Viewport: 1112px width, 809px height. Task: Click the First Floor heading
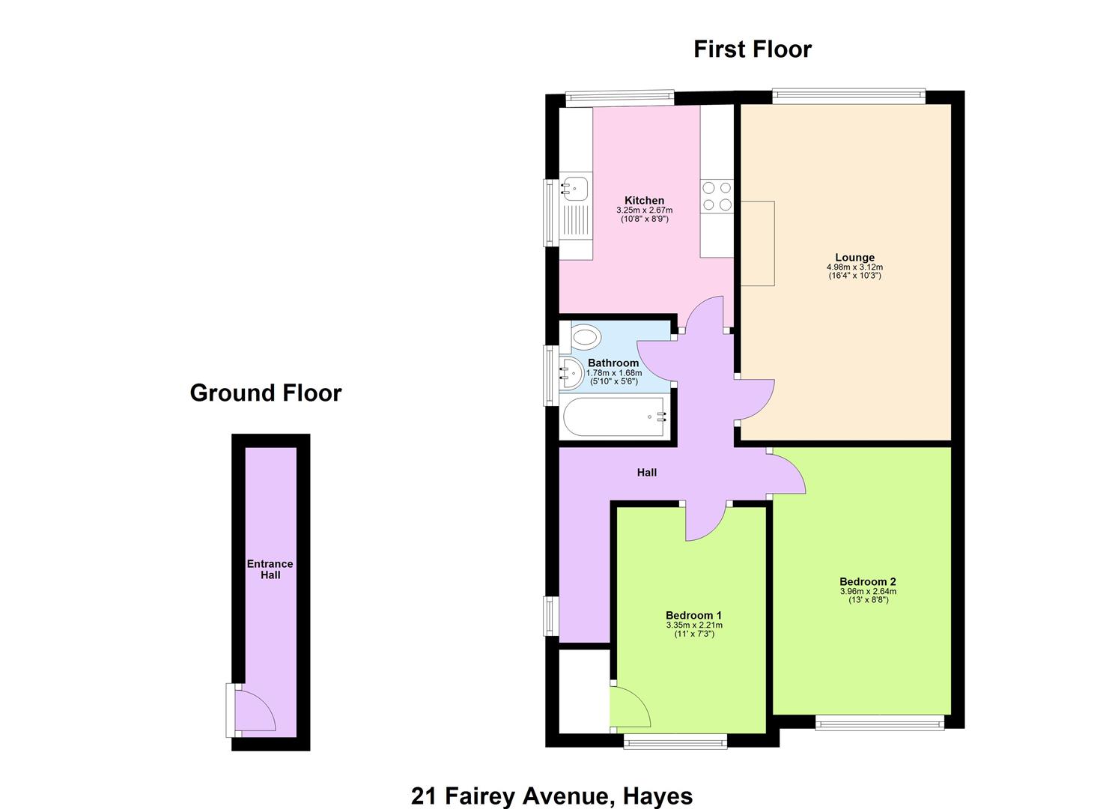(752, 49)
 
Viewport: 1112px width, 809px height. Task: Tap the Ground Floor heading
(266, 393)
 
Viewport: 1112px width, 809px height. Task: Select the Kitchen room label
(645, 200)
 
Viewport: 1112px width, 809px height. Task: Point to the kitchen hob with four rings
(717, 196)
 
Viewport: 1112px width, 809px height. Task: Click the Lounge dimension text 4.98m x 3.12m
(855, 267)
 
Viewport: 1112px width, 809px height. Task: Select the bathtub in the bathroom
(616, 417)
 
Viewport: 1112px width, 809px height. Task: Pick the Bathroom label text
(613, 363)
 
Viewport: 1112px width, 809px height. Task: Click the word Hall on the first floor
(647, 473)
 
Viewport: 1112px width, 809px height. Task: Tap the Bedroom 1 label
(694, 615)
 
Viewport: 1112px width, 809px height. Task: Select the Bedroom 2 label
(868, 581)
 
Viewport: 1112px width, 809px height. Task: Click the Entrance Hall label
(270, 569)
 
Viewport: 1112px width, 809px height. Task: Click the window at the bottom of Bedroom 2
(880, 723)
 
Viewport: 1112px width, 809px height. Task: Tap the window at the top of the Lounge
(849, 96)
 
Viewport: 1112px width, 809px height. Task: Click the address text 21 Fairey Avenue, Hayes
(552, 796)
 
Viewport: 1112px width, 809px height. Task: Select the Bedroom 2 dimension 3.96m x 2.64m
(868, 592)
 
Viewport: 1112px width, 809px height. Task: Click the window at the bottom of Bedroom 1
(675, 742)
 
